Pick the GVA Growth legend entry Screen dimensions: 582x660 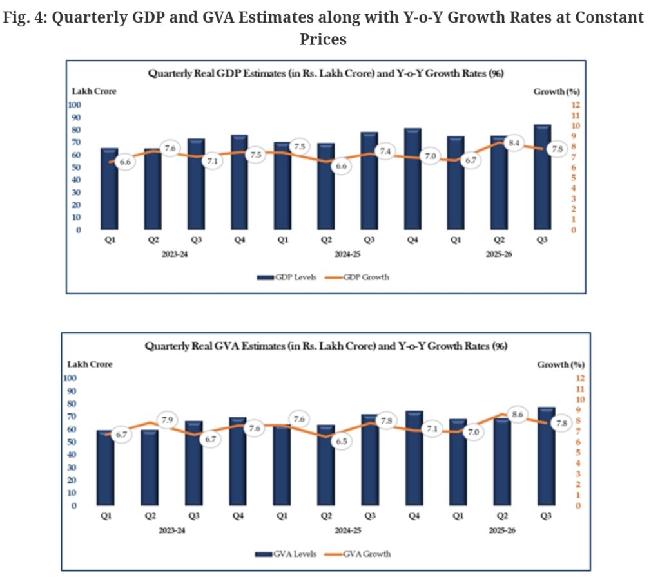click(364, 553)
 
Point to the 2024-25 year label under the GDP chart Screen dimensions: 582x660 click(346, 254)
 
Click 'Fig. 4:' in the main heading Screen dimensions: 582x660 click(24, 18)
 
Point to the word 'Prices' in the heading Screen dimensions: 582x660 click(323, 39)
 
